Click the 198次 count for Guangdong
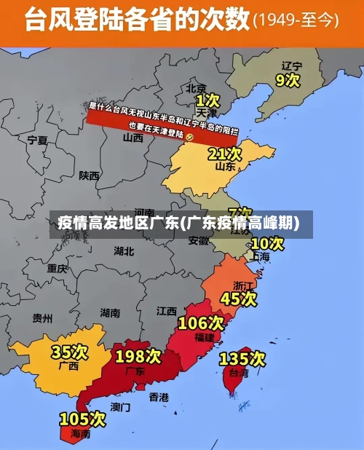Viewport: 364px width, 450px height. pyautogui.click(x=138, y=356)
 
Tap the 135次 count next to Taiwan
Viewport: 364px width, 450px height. pyautogui.click(x=242, y=358)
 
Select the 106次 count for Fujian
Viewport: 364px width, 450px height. pyautogui.click(x=201, y=323)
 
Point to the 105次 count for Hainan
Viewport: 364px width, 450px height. pyautogui.click(x=82, y=419)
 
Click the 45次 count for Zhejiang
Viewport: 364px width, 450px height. pyautogui.click(x=239, y=299)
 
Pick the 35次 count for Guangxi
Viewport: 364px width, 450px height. pyautogui.click(x=69, y=352)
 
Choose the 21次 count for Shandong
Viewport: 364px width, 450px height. pyautogui.click(x=224, y=154)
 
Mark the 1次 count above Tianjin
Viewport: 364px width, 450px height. pyautogui.click(x=207, y=100)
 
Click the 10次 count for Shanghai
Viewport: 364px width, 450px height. pyautogui.click(x=267, y=243)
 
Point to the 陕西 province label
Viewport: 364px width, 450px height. pyautogui.click(x=90, y=175)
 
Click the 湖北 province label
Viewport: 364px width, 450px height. pyautogui.click(x=124, y=251)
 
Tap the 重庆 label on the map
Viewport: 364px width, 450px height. pyautogui.click(x=58, y=268)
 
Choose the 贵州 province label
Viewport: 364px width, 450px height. pyautogui.click(x=43, y=317)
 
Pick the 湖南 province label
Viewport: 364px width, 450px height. pyautogui.click(x=110, y=312)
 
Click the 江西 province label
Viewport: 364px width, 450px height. pyautogui.click(x=167, y=311)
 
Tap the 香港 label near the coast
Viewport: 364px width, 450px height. pyautogui.click(x=159, y=397)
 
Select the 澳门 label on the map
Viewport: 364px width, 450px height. pyautogui.click(x=120, y=406)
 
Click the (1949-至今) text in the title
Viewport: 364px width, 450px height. pyautogui.click(x=296, y=20)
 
